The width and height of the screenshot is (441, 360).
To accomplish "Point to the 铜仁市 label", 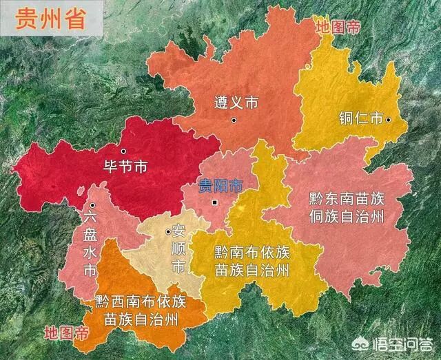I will click(360, 118).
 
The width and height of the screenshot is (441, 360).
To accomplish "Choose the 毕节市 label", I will click(125, 167).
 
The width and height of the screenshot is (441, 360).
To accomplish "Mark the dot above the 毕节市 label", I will click(123, 151).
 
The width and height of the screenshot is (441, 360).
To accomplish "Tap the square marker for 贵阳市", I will click(215, 203).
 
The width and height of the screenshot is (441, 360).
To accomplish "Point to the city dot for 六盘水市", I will click(91, 205).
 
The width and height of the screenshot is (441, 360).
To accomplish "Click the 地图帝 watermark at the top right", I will click(338, 27).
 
